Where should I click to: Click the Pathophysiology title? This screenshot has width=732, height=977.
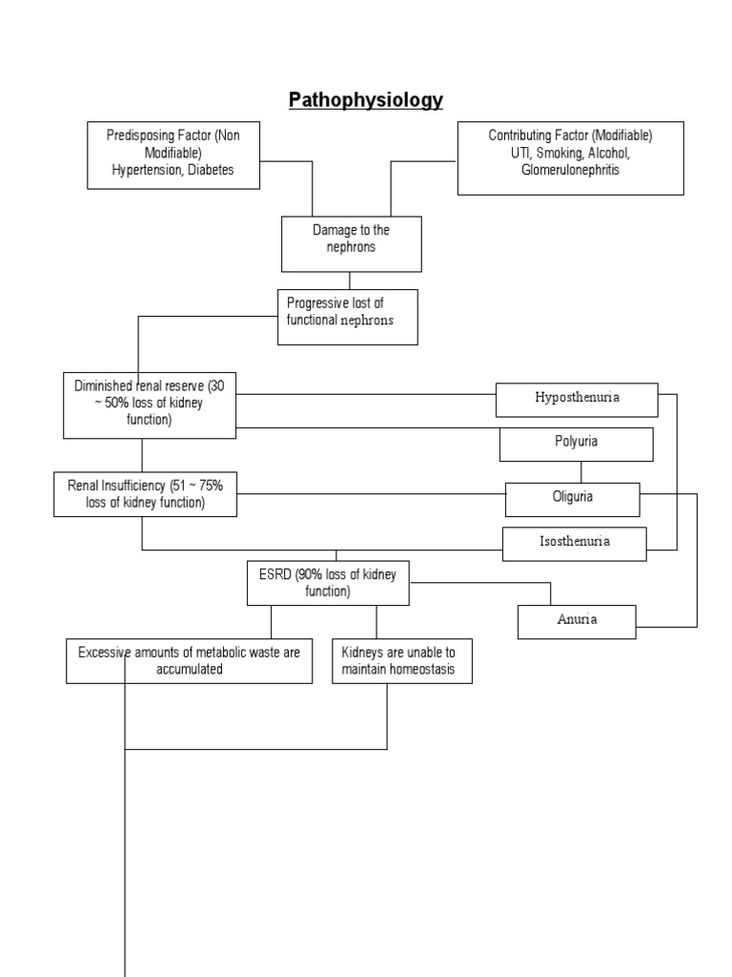[366, 100]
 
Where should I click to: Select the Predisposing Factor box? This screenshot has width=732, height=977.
[173, 154]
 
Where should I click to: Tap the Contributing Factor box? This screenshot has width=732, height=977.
[570, 157]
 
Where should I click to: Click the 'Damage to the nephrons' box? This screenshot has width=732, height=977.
[351, 243]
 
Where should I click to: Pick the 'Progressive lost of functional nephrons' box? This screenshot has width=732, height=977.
[347, 316]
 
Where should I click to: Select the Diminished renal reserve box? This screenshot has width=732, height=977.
[150, 404]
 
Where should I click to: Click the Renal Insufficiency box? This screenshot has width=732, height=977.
[146, 494]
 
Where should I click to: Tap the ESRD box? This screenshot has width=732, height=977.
[328, 582]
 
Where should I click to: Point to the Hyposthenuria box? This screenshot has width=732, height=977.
[577, 399]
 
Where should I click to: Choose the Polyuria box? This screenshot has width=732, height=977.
[577, 444]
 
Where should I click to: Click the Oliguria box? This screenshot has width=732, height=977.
[572, 497]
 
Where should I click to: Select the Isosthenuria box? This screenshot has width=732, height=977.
[574, 542]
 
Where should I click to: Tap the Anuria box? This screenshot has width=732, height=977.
[577, 620]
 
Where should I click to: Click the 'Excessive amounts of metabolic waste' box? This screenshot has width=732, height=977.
[189, 661]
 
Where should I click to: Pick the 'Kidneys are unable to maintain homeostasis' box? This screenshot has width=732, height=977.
[401, 661]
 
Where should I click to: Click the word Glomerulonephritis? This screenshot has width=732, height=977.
[570, 170]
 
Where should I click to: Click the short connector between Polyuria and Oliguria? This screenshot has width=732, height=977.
[580, 472]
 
